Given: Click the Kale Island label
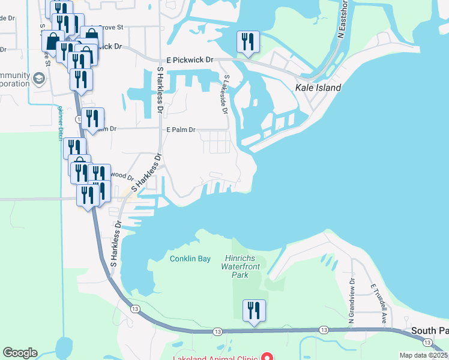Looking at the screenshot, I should click(x=318, y=88).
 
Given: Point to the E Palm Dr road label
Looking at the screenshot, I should click(x=181, y=130).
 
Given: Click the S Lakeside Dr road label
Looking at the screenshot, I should click(x=225, y=94).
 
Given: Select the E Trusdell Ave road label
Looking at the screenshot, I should click(x=378, y=304).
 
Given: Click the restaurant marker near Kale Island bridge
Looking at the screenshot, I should click(x=248, y=42).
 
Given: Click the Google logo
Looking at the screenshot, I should click(x=20, y=353).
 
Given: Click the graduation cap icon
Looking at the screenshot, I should click(x=38, y=79).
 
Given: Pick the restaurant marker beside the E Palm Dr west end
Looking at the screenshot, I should click(x=92, y=119).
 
